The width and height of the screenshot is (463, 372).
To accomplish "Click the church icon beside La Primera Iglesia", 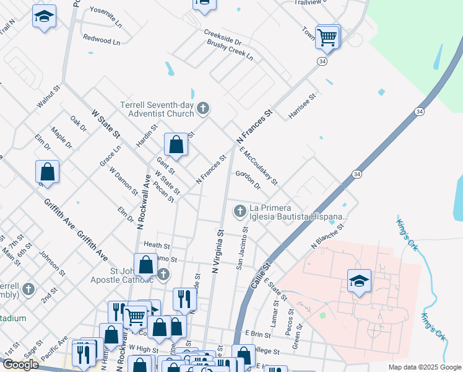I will (240, 212).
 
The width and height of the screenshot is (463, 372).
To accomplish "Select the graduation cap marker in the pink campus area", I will (358, 280).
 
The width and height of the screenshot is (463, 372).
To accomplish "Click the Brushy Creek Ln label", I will (230, 50).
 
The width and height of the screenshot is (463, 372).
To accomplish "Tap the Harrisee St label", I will (302, 106).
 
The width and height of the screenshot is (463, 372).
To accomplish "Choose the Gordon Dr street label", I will (248, 177).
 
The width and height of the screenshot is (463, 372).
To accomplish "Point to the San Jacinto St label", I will (242, 247).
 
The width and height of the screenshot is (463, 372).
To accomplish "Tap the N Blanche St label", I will (327, 237).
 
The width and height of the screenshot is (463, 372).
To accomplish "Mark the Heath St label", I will (152, 246).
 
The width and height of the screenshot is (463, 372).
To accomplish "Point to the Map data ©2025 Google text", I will (424, 367).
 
